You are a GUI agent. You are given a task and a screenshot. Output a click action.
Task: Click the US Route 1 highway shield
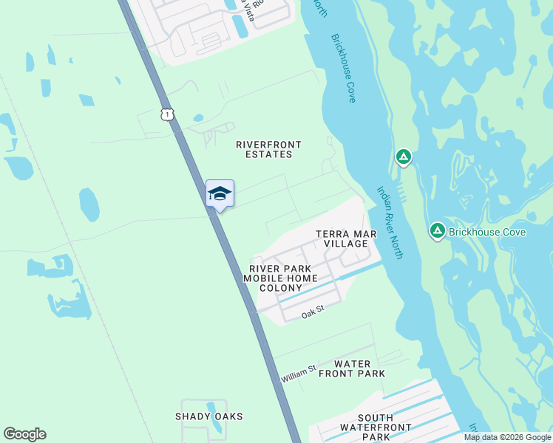(x=168, y=114)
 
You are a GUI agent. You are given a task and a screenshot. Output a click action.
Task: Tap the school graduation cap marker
(x=220, y=193)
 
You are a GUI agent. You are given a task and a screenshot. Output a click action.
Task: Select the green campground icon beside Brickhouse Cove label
(x=437, y=232)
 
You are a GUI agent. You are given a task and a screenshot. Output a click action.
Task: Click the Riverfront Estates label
(x=264, y=149)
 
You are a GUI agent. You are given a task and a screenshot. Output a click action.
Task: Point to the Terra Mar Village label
(x=347, y=238)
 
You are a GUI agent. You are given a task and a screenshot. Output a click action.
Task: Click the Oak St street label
(x=313, y=315)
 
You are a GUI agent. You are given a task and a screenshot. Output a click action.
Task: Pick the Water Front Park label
(x=352, y=368)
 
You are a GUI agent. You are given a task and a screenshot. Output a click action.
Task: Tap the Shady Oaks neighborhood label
(x=208, y=416)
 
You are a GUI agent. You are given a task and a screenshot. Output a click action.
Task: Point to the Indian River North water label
(x=389, y=221)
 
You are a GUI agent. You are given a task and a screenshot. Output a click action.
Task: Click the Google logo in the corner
(x=24, y=434)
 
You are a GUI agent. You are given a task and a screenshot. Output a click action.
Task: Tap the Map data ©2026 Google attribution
(x=506, y=437)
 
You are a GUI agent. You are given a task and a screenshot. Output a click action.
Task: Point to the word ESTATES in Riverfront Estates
(x=264, y=154)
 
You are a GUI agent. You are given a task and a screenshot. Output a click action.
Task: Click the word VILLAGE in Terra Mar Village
(x=347, y=244)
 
